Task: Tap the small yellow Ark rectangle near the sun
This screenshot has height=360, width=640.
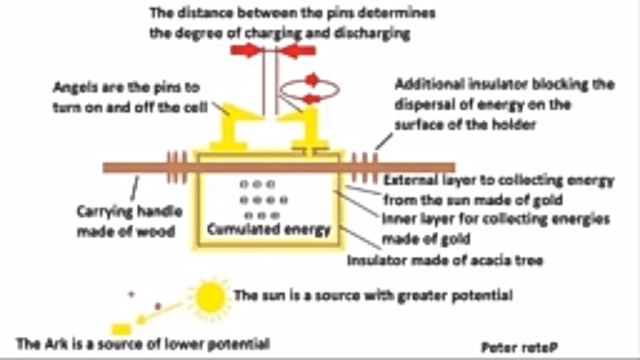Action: (121, 329)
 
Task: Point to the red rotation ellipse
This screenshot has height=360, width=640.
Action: (310, 89)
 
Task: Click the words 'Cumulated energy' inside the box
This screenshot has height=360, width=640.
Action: (268, 229)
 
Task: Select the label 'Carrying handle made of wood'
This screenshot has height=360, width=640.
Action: (129, 221)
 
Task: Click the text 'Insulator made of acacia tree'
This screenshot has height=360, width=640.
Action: (444, 260)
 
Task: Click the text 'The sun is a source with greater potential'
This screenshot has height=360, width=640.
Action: (373, 295)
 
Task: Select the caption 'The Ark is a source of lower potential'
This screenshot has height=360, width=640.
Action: (142, 344)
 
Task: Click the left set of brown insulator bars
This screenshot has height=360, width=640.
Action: (177, 167)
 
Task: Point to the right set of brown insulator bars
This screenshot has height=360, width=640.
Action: (365, 167)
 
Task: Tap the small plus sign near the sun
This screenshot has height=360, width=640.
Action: (131, 292)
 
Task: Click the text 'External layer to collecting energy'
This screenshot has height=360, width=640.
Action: (498, 181)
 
